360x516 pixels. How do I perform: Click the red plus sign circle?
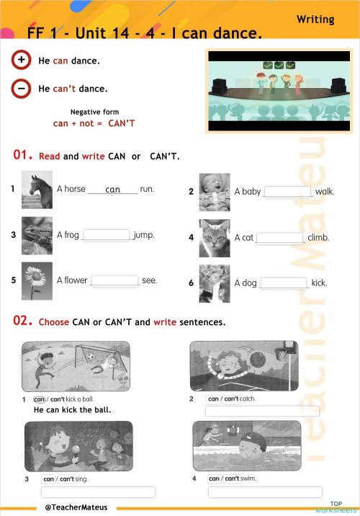(x=21, y=61)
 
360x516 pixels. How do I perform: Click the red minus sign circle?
(x=21, y=88)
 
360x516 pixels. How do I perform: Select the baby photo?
(x=214, y=191)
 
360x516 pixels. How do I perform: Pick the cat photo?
(x=214, y=237)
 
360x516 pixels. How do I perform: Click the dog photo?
(x=214, y=283)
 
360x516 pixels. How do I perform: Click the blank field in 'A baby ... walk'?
(x=288, y=192)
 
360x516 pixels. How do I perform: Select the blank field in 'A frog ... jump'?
(x=107, y=235)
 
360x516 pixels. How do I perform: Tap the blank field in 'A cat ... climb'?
(x=280, y=238)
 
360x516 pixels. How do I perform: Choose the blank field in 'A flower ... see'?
(x=115, y=280)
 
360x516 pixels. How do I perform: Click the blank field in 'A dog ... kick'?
(x=283, y=283)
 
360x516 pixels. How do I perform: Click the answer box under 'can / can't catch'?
(x=262, y=412)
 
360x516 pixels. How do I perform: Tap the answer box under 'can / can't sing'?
(x=98, y=492)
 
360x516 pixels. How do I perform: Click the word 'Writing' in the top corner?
(x=315, y=19)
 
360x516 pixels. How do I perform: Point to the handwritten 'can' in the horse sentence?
(x=112, y=190)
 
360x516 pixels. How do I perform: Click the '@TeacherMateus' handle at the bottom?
(x=76, y=507)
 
